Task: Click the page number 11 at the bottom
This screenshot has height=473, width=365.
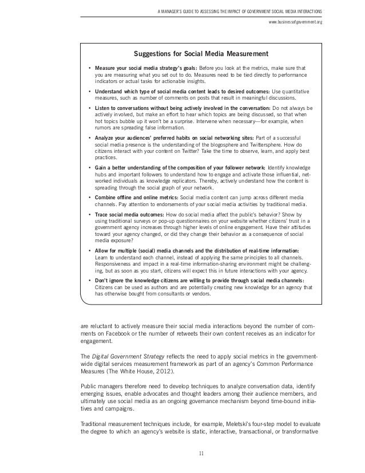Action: coord(200,455)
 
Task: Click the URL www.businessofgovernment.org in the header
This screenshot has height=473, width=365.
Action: coord(295,22)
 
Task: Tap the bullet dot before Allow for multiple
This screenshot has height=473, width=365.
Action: coord(89,250)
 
